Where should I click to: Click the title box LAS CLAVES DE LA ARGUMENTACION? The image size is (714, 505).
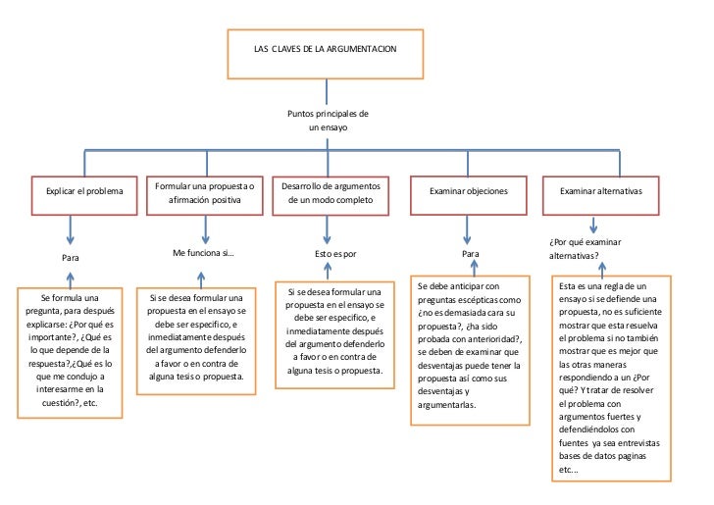[326, 50]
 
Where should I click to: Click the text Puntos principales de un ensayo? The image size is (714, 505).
[327, 121]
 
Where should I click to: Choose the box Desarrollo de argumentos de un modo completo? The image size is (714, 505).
[329, 191]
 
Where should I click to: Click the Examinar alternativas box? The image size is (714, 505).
[600, 191]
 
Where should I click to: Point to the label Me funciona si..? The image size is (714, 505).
[204, 253]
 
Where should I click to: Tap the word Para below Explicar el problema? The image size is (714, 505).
[70, 257]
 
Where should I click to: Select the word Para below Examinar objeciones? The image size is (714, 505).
[470, 253]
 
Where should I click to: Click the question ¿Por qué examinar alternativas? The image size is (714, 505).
[586, 248]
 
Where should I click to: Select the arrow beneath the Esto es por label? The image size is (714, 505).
[330, 270]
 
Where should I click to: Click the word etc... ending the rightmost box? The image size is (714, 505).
[569, 470]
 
